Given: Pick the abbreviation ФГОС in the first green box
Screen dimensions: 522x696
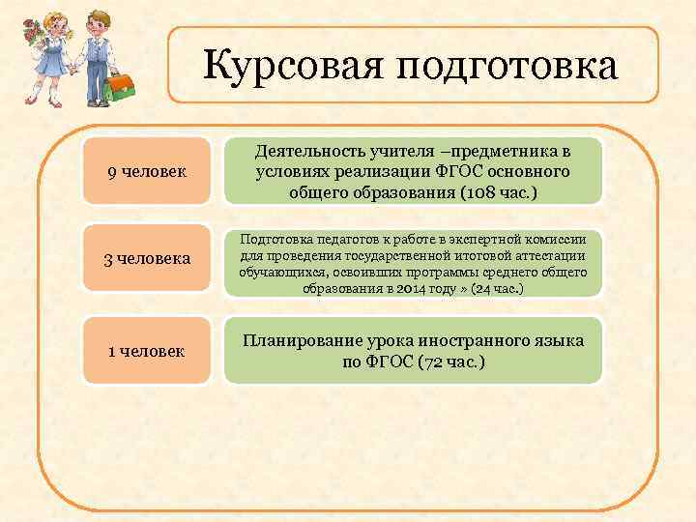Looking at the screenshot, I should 475,172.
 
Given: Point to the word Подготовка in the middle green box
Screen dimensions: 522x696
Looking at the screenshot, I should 276,237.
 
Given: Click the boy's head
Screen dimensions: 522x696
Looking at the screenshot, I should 95,20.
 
